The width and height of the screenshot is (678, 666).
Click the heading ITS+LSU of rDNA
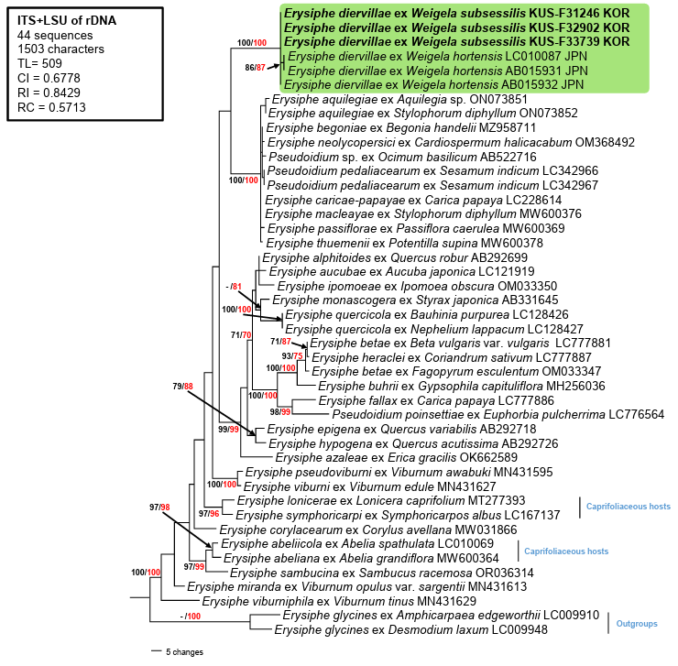point(67,20)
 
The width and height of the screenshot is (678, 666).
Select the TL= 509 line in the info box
point(39,63)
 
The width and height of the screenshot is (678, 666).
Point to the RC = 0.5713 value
point(51,107)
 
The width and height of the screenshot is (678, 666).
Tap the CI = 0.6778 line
point(49,78)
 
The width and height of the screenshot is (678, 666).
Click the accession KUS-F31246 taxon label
point(456,14)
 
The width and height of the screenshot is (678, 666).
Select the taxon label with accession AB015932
point(433,85)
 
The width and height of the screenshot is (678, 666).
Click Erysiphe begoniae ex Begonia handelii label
point(400,128)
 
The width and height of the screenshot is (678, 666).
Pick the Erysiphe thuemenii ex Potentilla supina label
point(404,243)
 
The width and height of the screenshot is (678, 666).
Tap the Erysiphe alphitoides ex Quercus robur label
point(395,257)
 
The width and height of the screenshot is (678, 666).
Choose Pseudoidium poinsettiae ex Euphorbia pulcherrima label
point(498,415)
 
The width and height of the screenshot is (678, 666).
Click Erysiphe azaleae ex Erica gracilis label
point(397,457)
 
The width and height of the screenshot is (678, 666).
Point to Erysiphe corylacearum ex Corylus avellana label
point(368,530)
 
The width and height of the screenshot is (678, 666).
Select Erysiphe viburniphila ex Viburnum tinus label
point(339,601)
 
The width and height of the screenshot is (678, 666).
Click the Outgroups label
point(637,624)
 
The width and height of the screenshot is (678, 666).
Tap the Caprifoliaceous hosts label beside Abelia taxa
point(566,551)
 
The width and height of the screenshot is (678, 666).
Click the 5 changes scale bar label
point(184,651)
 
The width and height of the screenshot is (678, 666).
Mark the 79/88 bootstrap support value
point(182,387)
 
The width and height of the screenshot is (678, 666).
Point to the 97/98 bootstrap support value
point(159,507)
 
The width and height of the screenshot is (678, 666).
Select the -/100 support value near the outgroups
point(191,616)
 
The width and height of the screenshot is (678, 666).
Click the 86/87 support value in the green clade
point(255,68)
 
